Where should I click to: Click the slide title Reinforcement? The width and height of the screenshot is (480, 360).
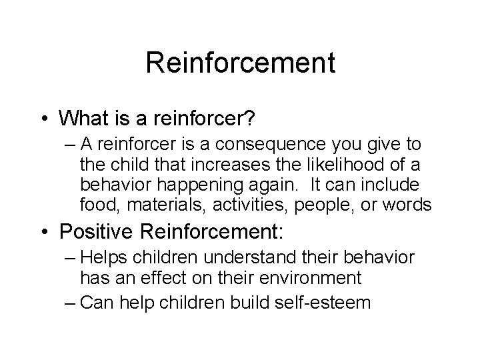point(240,64)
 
